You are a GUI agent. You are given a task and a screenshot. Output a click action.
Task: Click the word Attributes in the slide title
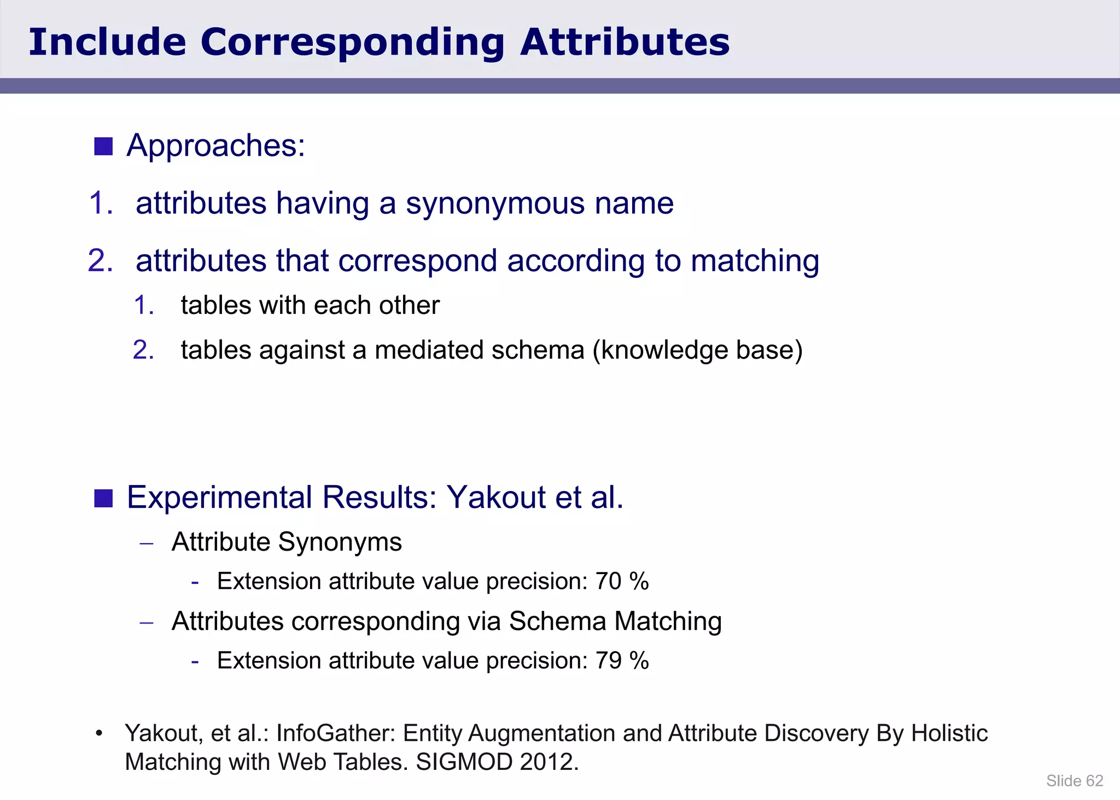(x=625, y=43)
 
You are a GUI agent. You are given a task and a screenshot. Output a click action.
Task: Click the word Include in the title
(x=107, y=43)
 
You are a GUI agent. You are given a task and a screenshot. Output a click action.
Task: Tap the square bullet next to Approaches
(x=103, y=147)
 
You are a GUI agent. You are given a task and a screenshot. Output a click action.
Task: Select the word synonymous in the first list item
(x=495, y=203)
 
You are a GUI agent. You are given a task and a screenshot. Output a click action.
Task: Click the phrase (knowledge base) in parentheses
(x=698, y=350)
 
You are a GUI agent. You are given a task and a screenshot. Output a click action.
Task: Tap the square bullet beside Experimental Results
(x=103, y=498)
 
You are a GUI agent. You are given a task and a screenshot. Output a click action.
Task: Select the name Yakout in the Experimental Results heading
(x=496, y=498)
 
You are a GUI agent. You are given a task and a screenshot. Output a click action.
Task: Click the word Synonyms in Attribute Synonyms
(x=340, y=542)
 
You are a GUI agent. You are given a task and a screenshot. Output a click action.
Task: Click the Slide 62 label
(x=1074, y=781)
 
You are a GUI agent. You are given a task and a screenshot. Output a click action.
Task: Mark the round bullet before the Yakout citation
(x=99, y=733)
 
